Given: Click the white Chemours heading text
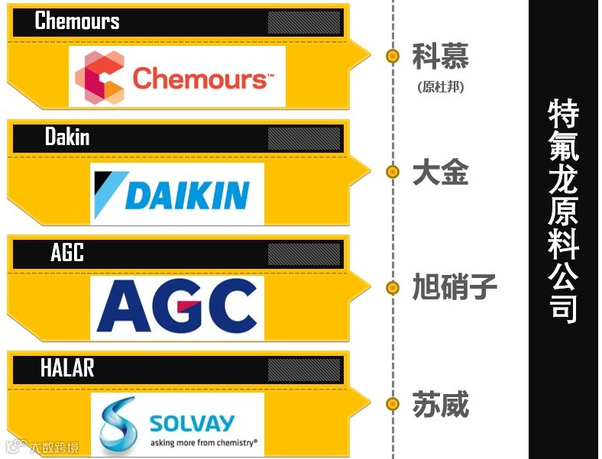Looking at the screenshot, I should (77, 21).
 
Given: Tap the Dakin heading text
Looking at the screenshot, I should (67, 137).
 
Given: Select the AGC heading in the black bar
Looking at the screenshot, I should (67, 253).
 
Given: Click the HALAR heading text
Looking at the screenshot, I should (67, 368).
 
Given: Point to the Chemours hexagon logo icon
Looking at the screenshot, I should (99, 77).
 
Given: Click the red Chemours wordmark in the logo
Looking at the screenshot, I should (199, 78).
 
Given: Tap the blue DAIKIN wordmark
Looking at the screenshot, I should (187, 195).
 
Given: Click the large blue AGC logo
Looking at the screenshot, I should (177, 308).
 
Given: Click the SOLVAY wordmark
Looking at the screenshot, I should (192, 422).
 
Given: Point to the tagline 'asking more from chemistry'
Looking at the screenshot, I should (202, 441).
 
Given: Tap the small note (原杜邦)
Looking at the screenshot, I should (441, 86).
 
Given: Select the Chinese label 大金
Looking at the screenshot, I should (440, 173).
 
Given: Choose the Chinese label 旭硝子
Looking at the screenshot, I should (454, 288).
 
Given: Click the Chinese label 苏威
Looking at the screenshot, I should (440, 404).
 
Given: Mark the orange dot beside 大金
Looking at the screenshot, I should (393, 172).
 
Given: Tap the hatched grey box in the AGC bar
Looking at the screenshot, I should (303, 254).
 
